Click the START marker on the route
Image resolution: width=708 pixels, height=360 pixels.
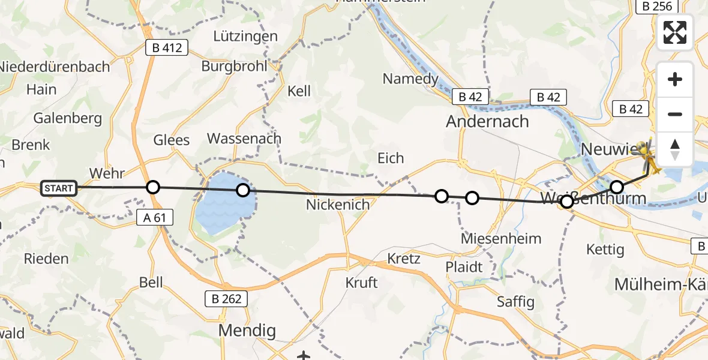click(x=59, y=188)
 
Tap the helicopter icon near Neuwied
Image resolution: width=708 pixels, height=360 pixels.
click(x=647, y=157)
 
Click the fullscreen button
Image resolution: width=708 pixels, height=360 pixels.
click(x=675, y=32)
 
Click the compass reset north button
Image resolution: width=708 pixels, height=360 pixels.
click(x=675, y=149)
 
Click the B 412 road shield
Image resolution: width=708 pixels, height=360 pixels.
click(x=167, y=47)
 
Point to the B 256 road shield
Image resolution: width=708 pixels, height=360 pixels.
click(x=656, y=5)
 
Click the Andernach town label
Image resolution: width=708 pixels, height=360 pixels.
click(x=487, y=122)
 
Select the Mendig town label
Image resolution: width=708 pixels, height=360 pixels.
click(x=247, y=331)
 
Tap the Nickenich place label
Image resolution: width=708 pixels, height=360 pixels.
click(x=338, y=205)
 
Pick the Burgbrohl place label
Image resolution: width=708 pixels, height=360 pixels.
click(x=234, y=66)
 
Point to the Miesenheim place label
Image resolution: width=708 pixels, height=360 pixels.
click(x=501, y=239)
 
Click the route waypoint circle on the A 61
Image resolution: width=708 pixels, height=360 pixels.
click(x=153, y=187)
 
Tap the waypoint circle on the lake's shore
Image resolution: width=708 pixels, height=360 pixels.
click(x=242, y=190)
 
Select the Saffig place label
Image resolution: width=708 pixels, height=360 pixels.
click(x=515, y=301)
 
